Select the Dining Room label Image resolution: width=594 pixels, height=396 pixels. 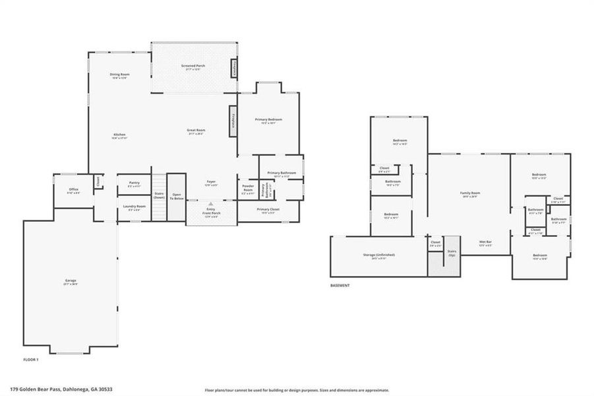point(119,75)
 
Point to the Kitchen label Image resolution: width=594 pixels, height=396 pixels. point(119,136)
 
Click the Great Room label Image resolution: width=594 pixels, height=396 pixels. point(196,131)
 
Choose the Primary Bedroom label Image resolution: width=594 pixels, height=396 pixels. point(268,120)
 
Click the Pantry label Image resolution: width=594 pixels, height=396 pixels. point(134,184)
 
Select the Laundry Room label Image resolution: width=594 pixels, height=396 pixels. point(136,207)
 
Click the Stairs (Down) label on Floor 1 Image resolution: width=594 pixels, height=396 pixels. point(159,195)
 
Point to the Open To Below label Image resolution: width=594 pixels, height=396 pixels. point(177,196)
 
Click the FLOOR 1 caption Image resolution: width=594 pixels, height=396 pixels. point(31,360)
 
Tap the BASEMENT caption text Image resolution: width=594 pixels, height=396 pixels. point(340,285)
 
